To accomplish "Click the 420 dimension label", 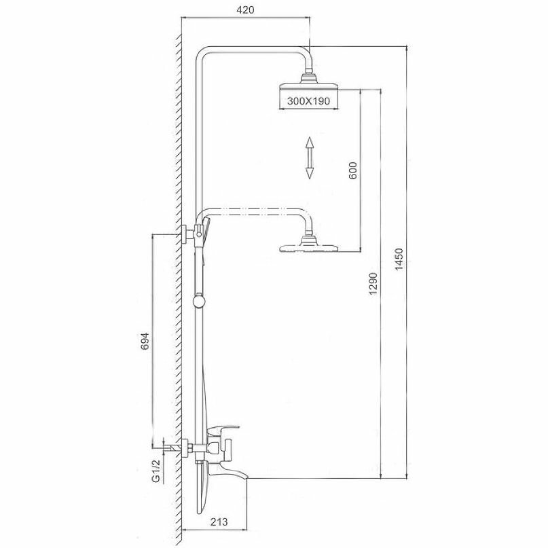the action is pyautogui.click(x=245, y=10).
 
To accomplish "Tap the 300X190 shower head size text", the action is pyautogui.click(x=308, y=101).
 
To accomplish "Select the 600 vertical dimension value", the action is pyautogui.click(x=353, y=170).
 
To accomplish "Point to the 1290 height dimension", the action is pyautogui.click(x=373, y=283).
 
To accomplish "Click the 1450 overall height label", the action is pyautogui.click(x=399, y=259).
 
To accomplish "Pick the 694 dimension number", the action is pyautogui.click(x=145, y=341).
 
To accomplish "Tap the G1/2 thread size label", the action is pyautogui.click(x=156, y=471).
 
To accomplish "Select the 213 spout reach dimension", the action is pyautogui.click(x=219, y=522).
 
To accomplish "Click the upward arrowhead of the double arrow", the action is pyautogui.click(x=309, y=143).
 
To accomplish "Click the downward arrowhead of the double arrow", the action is pyautogui.click(x=309, y=173).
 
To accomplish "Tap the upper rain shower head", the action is pyautogui.click(x=309, y=86).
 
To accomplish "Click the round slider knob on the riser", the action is pyautogui.click(x=198, y=301).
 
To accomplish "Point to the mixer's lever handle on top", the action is pyautogui.click(x=222, y=431).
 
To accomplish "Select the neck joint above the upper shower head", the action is pyautogui.click(x=309, y=77).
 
